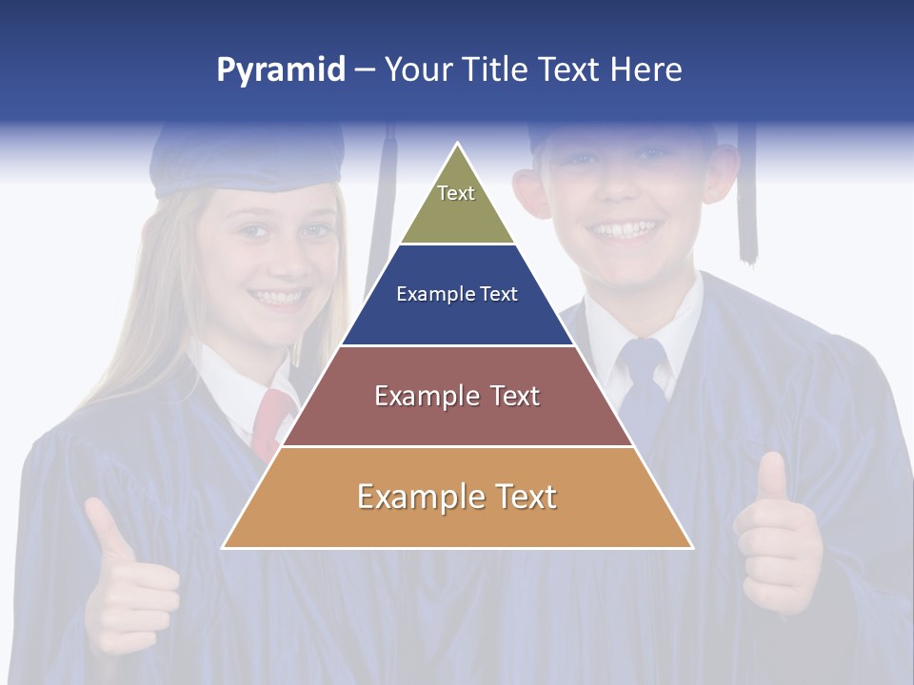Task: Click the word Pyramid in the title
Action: (x=281, y=70)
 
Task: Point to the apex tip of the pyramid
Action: (x=458, y=145)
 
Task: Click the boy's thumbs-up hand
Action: (x=776, y=538)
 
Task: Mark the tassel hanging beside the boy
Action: (x=747, y=200)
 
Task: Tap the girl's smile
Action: (x=280, y=298)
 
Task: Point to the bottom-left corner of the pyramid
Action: (x=224, y=547)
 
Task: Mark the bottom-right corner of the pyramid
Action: (x=691, y=547)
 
